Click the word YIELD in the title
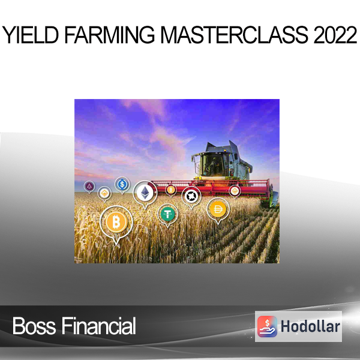30,35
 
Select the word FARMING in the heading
110,35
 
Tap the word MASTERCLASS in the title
234,35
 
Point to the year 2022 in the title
335,35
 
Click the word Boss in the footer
34,326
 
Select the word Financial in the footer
99,326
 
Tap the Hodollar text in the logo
310,326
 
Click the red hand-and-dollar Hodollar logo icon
267,326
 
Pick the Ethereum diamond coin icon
145,193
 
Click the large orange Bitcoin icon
116,222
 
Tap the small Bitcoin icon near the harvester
171,190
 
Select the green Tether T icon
167,214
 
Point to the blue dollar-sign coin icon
122,184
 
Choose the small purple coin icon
89,186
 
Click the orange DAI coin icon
218,209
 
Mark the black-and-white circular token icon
191,196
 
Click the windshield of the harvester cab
212,164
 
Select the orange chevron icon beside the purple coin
104,193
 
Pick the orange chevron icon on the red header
235,191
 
